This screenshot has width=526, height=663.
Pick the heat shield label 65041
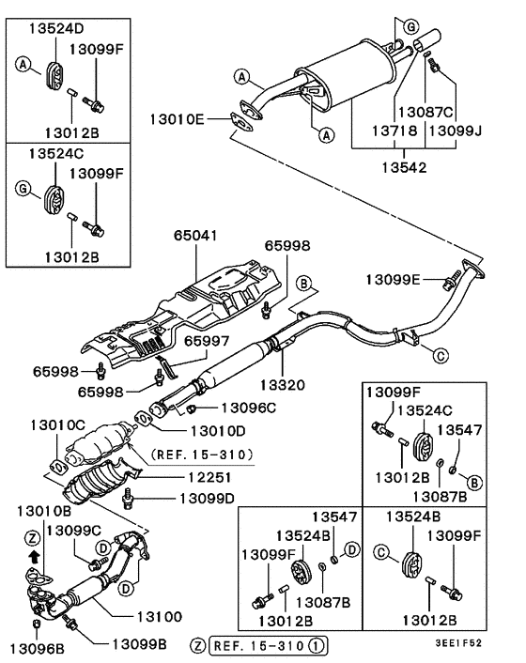pos(194,239)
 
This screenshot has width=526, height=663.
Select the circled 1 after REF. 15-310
pos(318,645)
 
